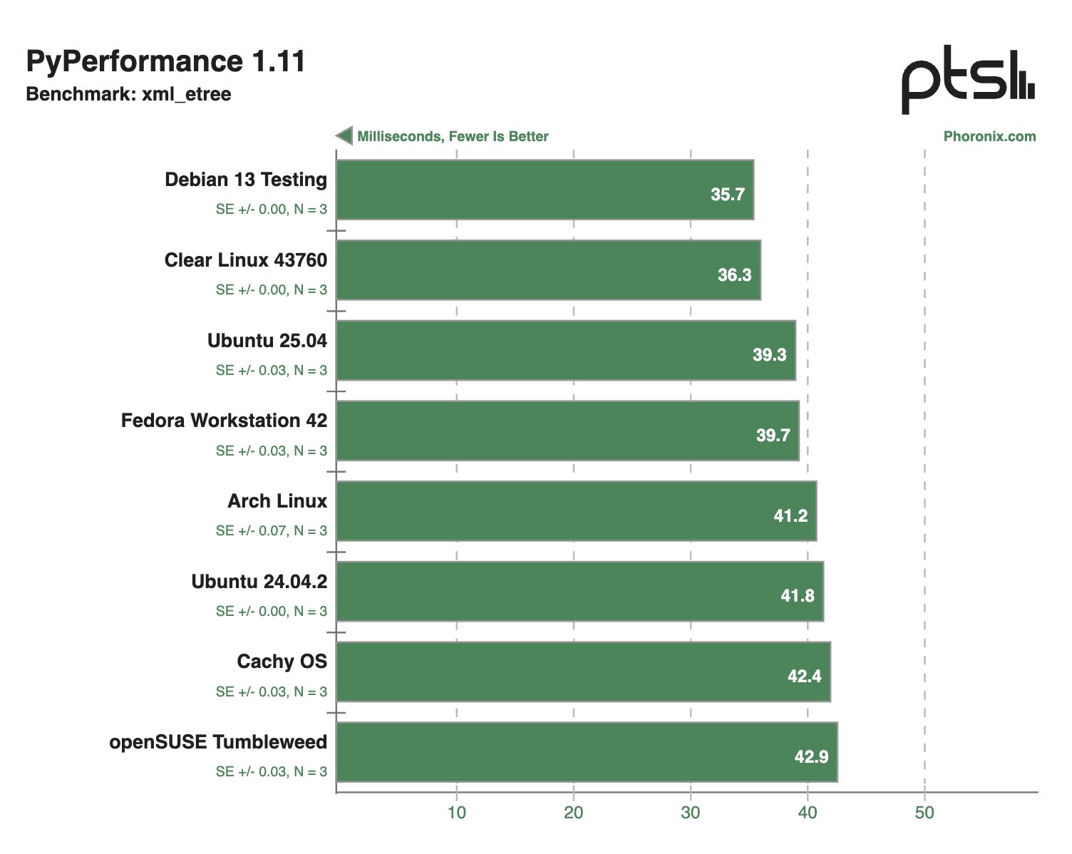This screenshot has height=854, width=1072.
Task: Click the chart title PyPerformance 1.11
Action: pyautogui.click(x=165, y=62)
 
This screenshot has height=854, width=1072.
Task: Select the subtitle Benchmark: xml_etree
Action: pyautogui.click(x=128, y=94)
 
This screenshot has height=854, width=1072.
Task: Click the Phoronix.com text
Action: pyautogui.click(x=989, y=136)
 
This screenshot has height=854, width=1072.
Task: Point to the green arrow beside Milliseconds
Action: pyautogui.click(x=344, y=135)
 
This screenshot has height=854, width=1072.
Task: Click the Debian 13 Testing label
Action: pyautogui.click(x=246, y=180)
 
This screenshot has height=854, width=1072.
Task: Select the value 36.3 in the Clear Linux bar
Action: pyautogui.click(x=734, y=274)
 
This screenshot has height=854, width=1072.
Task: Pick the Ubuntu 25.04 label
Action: pyautogui.click(x=267, y=341)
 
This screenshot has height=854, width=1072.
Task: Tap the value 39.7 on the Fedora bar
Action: pyautogui.click(x=773, y=435)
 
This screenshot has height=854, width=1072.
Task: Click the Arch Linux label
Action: pyautogui.click(x=277, y=501)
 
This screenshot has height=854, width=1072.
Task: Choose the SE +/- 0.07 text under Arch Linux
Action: pyautogui.click(x=272, y=530)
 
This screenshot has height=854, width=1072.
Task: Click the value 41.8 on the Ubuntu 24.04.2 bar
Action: pyautogui.click(x=797, y=595)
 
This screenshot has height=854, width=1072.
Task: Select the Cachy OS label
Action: pyautogui.click(x=282, y=662)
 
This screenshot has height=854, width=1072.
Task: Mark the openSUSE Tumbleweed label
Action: pyautogui.click(x=218, y=742)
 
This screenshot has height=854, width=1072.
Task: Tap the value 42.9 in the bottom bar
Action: pyautogui.click(x=811, y=756)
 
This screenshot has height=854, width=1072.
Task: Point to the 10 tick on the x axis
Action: pyautogui.click(x=456, y=813)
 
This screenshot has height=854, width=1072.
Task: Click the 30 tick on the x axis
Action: pyautogui.click(x=690, y=813)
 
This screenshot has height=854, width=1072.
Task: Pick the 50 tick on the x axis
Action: pyautogui.click(x=924, y=813)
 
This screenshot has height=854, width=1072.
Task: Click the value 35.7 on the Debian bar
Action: pyautogui.click(x=727, y=194)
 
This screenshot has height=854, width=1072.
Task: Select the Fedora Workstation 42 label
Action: pyautogui.click(x=224, y=421)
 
